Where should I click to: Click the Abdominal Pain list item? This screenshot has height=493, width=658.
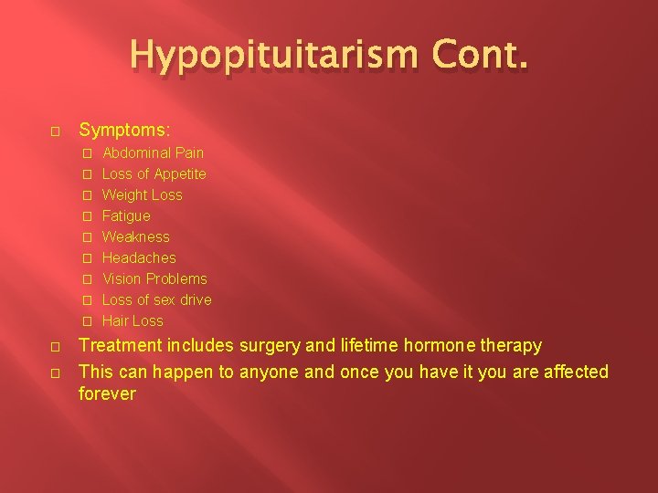point(153,152)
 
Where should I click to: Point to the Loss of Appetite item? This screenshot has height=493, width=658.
point(154,173)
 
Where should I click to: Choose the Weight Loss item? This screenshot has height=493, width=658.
point(142,194)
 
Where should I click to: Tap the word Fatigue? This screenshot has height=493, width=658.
point(126,215)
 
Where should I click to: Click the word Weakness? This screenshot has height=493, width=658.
point(135,236)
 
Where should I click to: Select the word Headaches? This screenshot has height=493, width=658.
point(139,257)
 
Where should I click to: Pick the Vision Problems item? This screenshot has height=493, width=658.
point(154,278)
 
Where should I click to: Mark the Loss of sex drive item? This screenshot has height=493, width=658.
point(156,299)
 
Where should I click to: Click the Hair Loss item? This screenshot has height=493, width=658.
point(133,320)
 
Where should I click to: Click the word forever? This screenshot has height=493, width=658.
point(107,394)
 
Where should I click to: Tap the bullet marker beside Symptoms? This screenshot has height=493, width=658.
point(56,131)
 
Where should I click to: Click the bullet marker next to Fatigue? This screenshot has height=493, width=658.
point(87,216)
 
